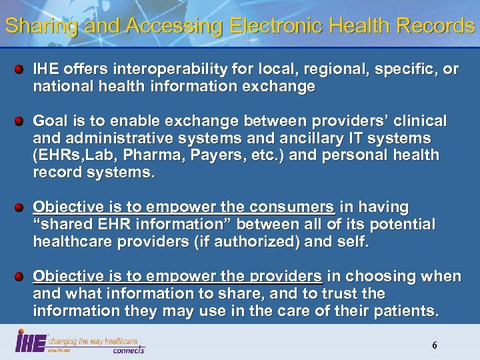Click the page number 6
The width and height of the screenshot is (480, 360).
(x=434, y=345)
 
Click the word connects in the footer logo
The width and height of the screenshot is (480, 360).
(x=128, y=349)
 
